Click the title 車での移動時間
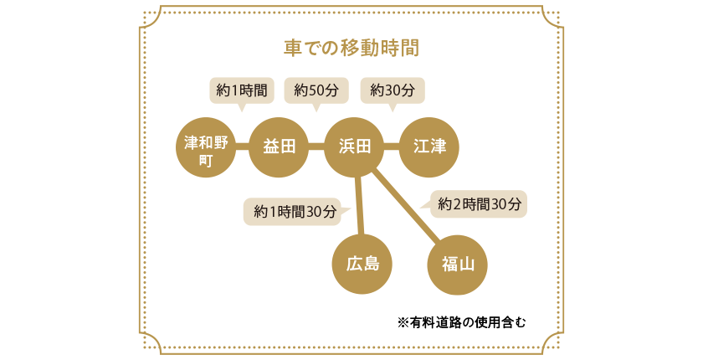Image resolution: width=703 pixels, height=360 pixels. (x=351, y=47)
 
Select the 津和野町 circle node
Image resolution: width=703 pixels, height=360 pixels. (x=205, y=147)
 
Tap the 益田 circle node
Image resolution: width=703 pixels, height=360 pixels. (x=280, y=147)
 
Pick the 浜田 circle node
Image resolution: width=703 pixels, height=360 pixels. (x=354, y=147)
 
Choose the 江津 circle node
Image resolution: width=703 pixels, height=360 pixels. (x=429, y=147)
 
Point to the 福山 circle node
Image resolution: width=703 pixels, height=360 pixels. (x=458, y=265)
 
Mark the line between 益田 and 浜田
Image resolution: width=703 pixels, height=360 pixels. (x=316, y=147)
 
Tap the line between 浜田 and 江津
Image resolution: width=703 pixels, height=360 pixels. (x=392, y=147)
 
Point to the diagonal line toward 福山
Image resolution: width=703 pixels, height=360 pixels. (x=405, y=205)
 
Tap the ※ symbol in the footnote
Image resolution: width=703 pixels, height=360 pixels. (x=402, y=321)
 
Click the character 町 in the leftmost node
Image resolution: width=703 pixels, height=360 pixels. (x=205, y=158)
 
